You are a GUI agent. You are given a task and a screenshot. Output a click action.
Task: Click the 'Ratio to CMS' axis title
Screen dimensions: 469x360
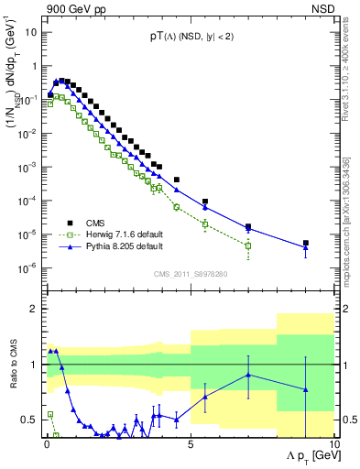click(x=11, y=376)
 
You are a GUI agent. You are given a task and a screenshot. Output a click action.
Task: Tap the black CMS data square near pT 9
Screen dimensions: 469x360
click(x=306, y=244)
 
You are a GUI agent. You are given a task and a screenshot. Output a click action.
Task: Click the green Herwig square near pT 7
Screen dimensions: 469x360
click(x=248, y=245)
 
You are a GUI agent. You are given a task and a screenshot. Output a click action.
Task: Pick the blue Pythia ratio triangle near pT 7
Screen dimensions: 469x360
click(x=248, y=375)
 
